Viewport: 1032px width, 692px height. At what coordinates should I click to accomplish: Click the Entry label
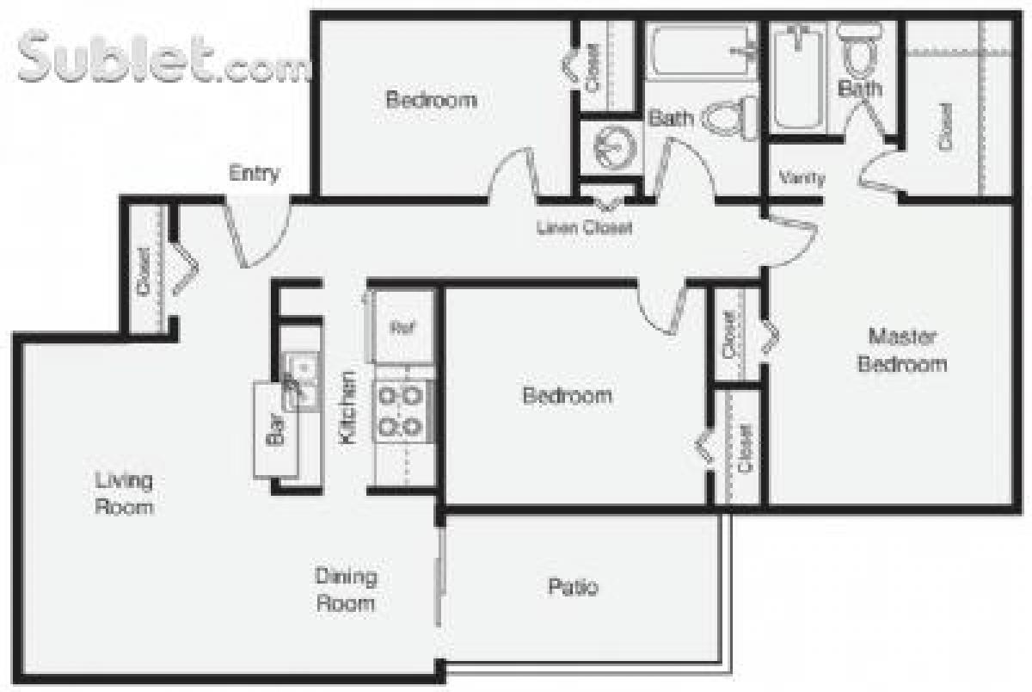(255, 174)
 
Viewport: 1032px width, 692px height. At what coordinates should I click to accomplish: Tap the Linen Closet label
(584, 228)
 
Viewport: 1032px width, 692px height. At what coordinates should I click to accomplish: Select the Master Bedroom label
(902, 349)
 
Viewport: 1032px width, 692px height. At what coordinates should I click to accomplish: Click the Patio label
(573, 588)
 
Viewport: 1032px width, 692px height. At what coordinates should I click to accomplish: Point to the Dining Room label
(346, 590)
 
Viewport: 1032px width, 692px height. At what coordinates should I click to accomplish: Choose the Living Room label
(124, 493)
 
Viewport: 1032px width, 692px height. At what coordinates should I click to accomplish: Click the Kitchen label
(347, 407)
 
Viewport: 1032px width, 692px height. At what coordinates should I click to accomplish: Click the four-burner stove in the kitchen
(402, 411)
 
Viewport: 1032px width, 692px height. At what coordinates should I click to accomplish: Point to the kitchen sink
(299, 380)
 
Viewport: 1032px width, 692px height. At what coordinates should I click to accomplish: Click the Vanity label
(802, 179)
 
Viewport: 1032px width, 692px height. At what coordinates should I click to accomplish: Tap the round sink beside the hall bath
(612, 147)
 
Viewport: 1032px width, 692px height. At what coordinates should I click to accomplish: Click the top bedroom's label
(431, 100)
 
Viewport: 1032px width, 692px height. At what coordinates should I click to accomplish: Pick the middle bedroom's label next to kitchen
(568, 396)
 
